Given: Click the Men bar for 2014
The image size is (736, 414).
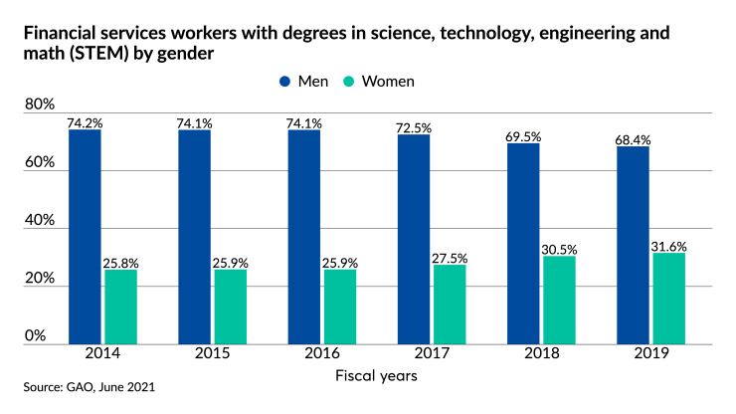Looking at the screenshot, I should (85, 236).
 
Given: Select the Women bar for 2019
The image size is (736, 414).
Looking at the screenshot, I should (668, 298).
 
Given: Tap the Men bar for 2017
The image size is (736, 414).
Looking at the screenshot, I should (414, 239).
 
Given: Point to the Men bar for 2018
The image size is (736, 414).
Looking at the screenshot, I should (523, 243).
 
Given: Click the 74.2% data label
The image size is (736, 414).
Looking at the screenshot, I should (85, 122).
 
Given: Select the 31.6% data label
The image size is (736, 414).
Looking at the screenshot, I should (668, 246).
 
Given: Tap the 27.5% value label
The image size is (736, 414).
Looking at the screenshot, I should (450, 258).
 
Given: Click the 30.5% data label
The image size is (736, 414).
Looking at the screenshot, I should (559, 249).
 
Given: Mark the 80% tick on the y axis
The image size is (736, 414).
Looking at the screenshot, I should (40, 104).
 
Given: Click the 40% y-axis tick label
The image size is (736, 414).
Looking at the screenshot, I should (40, 221).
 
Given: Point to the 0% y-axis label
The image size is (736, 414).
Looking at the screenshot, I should (36, 336).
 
